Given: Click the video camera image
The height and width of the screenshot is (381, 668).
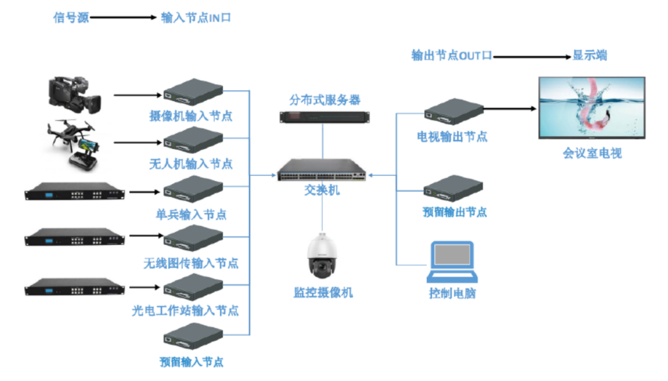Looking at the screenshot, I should tap(74, 93).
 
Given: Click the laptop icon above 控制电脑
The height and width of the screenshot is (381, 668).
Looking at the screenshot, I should tap(451, 261).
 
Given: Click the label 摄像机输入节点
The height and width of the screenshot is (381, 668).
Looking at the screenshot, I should tap(190, 116).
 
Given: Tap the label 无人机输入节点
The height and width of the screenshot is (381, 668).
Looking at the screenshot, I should tap(190, 164).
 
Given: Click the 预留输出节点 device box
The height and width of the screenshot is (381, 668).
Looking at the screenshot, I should tap(453, 190).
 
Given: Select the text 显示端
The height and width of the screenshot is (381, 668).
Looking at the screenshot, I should tap(589, 55).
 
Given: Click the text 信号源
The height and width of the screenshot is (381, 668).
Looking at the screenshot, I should tap(70, 18).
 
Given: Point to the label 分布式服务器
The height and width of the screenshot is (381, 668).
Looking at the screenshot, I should tap(324, 100).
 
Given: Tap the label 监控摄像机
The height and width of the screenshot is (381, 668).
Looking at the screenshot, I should tap(323, 293).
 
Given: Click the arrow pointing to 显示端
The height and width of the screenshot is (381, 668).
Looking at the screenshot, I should tap(531, 56).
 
